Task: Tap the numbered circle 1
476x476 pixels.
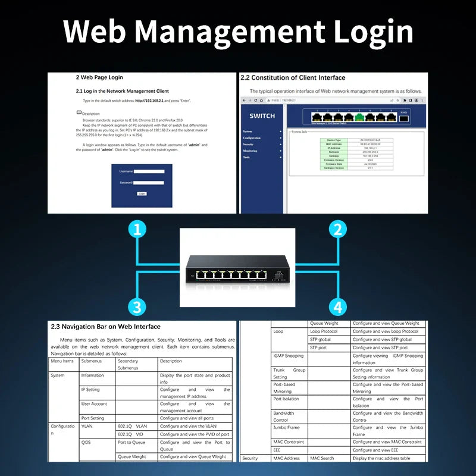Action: click(137, 229)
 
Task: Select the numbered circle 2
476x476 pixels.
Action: click(338, 229)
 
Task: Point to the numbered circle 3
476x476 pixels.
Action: click(137, 307)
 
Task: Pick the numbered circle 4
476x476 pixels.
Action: click(338, 307)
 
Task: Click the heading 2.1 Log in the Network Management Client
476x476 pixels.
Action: click(123, 91)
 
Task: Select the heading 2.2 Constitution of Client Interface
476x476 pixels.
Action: click(292, 77)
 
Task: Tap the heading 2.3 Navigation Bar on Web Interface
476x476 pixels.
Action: click(105, 327)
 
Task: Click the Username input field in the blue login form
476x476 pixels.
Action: click(149, 171)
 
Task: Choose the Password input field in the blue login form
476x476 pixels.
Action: click(149, 183)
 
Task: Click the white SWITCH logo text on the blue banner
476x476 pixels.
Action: click(262, 116)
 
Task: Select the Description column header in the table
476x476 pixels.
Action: click(171, 361)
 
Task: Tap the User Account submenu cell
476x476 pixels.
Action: click(94, 404)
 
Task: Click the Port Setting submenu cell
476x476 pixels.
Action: click(93, 418)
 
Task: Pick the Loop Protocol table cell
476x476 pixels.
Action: click(324, 331)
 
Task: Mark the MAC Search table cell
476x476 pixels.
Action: click(322, 458)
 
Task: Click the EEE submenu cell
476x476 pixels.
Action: click(278, 450)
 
